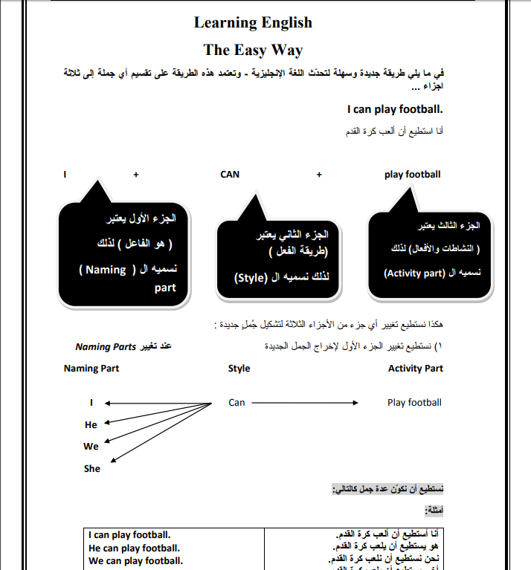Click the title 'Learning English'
(x=253, y=22)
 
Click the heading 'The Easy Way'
(x=253, y=50)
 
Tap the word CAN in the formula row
(x=230, y=175)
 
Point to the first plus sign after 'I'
(x=136, y=175)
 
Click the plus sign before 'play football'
(x=319, y=175)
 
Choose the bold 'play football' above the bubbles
(x=412, y=175)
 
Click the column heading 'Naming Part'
(x=91, y=369)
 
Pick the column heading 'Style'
(x=239, y=369)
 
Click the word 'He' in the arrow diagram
(x=91, y=425)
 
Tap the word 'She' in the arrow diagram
(x=91, y=469)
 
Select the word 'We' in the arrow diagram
(x=91, y=447)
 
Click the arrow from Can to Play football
(x=305, y=403)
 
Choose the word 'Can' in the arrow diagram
(x=236, y=403)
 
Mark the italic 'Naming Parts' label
(x=106, y=347)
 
